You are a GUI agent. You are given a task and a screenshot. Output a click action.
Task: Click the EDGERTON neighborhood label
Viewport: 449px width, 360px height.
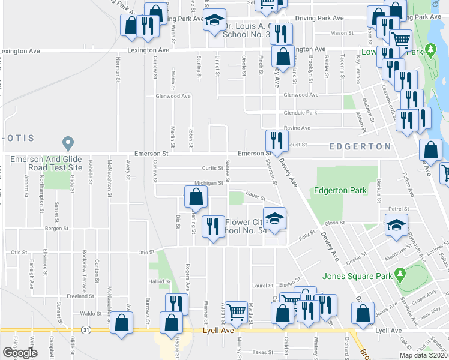coord(360,146)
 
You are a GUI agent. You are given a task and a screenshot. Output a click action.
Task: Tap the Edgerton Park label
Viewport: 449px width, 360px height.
coord(340,191)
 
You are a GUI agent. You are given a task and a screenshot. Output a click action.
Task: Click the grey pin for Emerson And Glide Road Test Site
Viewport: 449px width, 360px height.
coord(68,144)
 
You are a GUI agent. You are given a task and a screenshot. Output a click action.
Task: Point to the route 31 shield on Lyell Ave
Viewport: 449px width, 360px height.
coord(87,331)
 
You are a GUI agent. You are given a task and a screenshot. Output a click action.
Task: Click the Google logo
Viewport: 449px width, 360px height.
coord(20,353)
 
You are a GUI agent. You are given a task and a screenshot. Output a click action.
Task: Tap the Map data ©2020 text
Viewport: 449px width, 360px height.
coord(423,355)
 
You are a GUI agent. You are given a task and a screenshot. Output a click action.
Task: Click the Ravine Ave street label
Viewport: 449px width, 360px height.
coord(297,128)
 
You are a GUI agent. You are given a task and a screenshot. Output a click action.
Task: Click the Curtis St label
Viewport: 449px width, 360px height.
coord(209,169)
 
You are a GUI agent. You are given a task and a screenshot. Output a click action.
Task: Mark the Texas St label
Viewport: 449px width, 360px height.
coord(262,352)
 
